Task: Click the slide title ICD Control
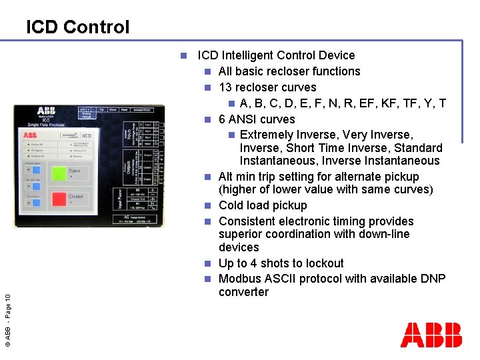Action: (x=77, y=27)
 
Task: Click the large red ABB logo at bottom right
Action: (x=431, y=335)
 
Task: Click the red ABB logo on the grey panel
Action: (x=31, y=135)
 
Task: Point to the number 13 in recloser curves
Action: (x=225, y=87)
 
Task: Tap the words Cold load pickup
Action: (x=263, y=205)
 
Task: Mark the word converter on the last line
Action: (x=243, y=292)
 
